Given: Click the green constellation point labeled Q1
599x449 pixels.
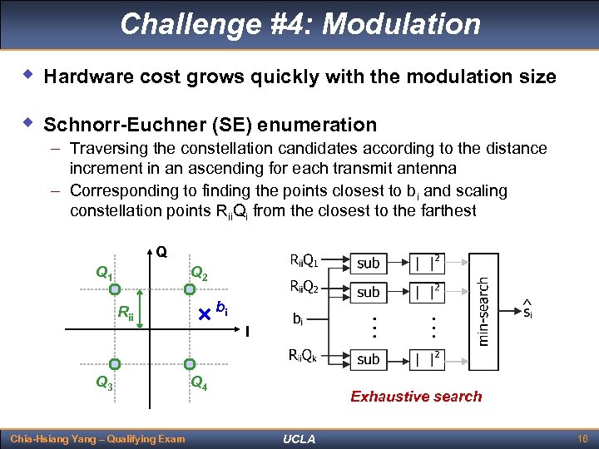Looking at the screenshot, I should click(116, 289).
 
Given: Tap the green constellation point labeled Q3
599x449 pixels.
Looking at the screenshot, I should click(116, 363).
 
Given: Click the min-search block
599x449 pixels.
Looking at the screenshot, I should click(483, 312).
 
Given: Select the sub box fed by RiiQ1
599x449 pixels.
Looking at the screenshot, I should click(368, 263).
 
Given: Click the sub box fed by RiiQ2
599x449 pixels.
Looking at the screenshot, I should click(368, 292).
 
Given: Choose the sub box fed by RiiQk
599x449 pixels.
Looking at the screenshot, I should click(368, 359).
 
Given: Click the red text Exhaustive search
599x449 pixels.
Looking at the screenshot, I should click(416, 397).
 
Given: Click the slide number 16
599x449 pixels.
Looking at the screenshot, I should click(582, 438).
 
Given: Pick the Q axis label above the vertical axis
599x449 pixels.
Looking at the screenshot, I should click(161, 250).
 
